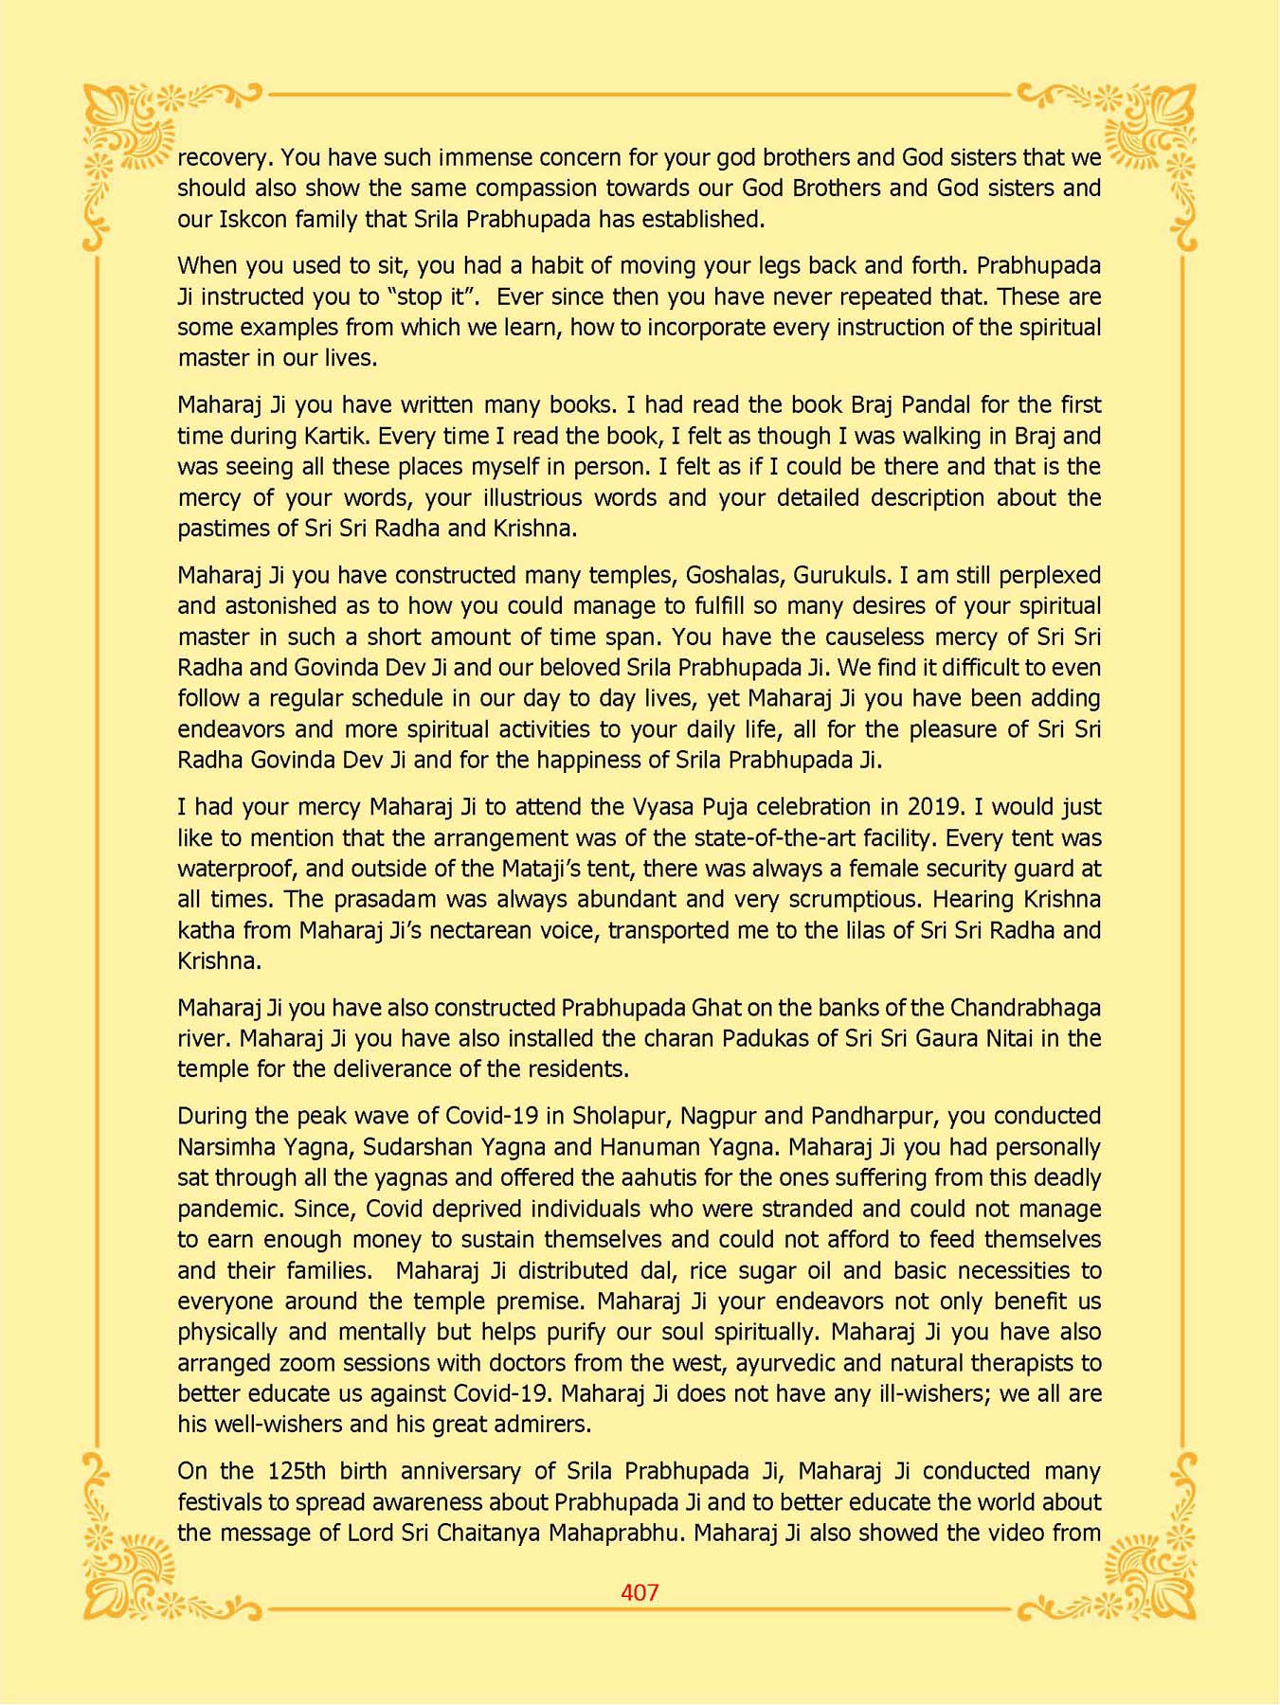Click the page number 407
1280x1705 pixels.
click(640, 1592)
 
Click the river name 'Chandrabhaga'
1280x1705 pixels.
click(1025, 1008)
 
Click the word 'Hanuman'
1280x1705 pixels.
click(644, 1147)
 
